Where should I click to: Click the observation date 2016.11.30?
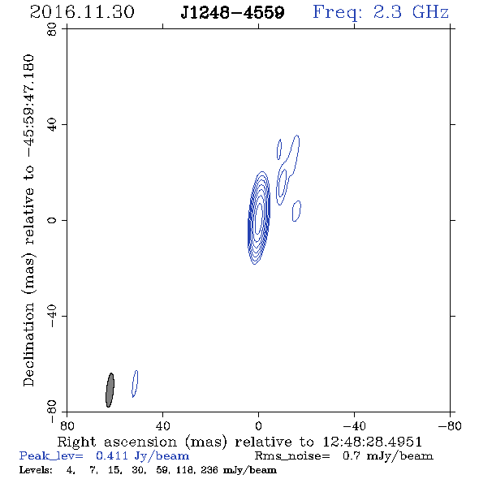(x=82, y=12)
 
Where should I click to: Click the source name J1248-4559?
(x=232, y=12)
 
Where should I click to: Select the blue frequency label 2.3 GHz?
(x=411, y=12)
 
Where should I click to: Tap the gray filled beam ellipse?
(x=110, y=391)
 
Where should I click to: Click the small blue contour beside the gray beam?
(x=135, y=384)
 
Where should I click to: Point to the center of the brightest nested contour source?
(x=258, y=218)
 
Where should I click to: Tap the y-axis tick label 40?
(x=52, y=125)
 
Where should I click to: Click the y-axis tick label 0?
(x=52, y=220)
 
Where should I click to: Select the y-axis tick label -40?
(x=52, y=316)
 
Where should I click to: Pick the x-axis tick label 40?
(x=162, y=426)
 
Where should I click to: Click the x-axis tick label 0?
(x=258, y=426)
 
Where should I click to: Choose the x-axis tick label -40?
(x=354, y=426)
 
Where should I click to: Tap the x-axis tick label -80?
(x=450, y=426)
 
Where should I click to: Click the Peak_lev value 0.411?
(x=112, y=455)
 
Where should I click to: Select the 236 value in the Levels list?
(x=209, y=470)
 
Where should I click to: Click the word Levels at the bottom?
(x=36, y=470)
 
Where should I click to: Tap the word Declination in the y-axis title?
(x=28, y=344)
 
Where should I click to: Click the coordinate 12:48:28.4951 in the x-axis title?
(x=372, y=442)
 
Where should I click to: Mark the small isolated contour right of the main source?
(x=296, y=211)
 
